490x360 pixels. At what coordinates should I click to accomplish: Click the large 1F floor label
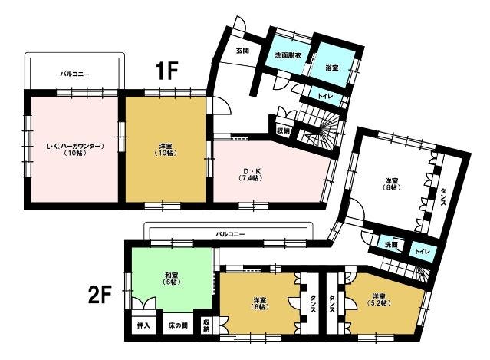(x=167, y=71)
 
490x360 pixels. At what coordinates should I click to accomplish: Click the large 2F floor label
(x=100, y=294)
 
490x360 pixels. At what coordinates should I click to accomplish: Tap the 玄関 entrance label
(x=242, y=50)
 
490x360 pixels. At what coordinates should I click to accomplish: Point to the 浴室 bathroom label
(x=332, y=68)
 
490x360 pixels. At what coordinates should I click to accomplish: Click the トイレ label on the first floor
(x=326, y=96)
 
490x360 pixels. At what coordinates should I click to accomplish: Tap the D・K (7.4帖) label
(x=252, y=174)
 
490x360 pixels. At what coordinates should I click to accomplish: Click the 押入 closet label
(x=143, y=325)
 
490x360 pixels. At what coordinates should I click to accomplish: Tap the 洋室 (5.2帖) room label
(x=379, y=299)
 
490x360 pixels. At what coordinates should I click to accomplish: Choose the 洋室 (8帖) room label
(x=391, y=184)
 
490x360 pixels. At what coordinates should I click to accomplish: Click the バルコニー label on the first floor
(x=74, y=74)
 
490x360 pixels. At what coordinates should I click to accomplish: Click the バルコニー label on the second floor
(x=230, y=234)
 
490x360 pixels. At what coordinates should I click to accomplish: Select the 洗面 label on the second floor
(x=390, y=245)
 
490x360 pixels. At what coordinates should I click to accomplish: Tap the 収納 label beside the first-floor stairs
(x=283, y=130)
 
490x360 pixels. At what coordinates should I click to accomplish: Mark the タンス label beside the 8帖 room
(x=443, y=197)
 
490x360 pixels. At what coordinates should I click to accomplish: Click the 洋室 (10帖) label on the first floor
(x=166, y=149)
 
